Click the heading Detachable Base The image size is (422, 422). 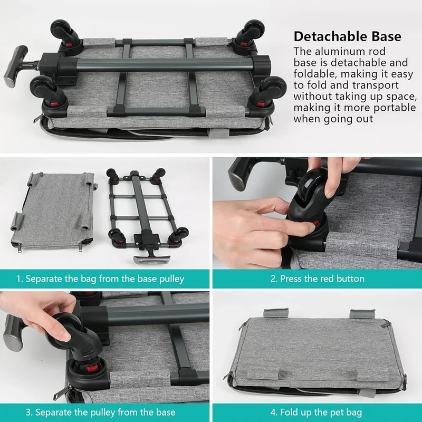(x=347, y=36)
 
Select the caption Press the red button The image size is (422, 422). (x=318, y=279)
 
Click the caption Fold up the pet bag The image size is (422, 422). (x=316, y=412)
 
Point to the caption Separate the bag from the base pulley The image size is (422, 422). (x=100, y=279)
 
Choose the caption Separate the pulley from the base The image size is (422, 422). (x=101, y=412)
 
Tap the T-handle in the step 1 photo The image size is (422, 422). (x=152, y=256)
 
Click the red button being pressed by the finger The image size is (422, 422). (x=315, y=223)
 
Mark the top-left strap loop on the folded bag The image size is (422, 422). (x=276, y=313)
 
